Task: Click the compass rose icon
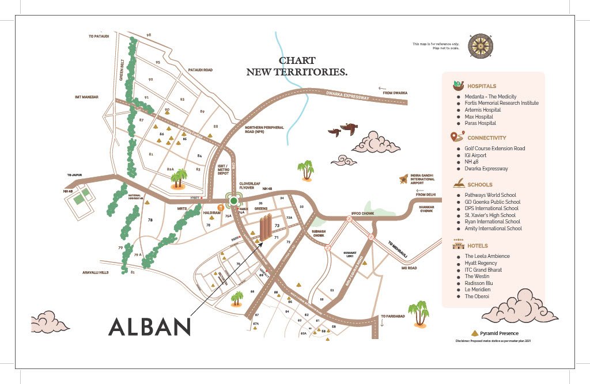[481, 46]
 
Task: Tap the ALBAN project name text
[149, 326]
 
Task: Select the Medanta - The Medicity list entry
[490, 97]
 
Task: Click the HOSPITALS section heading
[482, 86]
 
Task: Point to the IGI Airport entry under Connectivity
[475, 155]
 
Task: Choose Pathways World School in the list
[490, 195]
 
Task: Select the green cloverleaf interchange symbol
[233, 200]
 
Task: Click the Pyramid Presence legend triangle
[475, 333]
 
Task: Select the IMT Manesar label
[86, 97]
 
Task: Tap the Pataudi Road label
[201, 70]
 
